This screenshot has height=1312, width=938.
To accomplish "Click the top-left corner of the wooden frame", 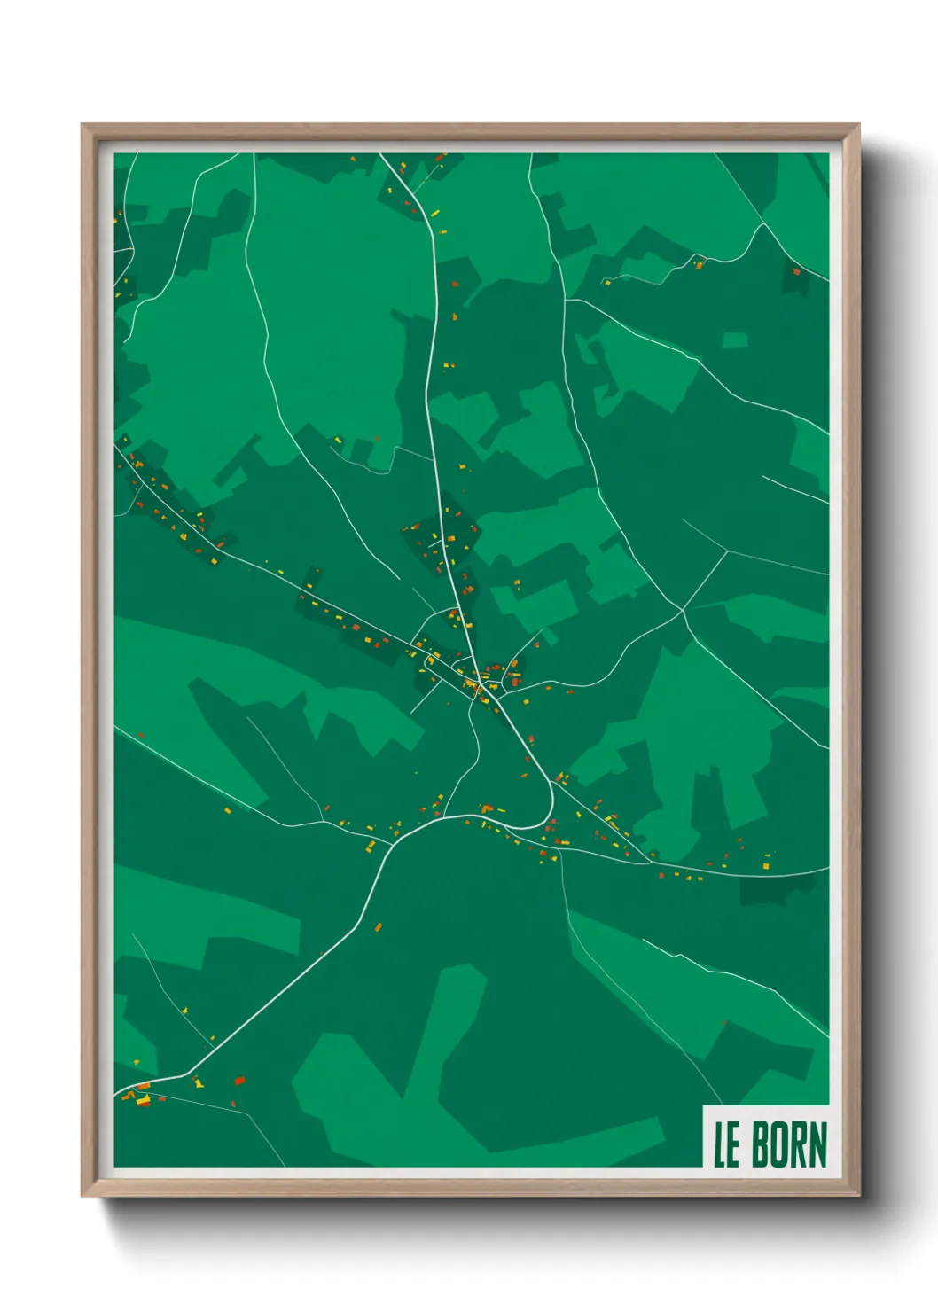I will click(x=82, y=125).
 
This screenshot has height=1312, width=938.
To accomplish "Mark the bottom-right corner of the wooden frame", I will click(x=858, y=1196).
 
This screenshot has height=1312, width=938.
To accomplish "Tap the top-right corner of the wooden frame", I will click(x=858, y=125).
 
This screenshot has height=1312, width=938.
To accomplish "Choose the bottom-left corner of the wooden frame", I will click(x=82, y=1196).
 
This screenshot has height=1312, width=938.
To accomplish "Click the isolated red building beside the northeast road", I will click(x=796, y=272).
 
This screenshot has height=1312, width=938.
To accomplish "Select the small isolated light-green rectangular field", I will click(x=734, y=340).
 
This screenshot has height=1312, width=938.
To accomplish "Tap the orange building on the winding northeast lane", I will click(x=699, y=264).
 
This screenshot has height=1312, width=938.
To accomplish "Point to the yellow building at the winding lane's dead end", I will click(x=607, y=282).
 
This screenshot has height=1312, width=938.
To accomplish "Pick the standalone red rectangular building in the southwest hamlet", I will click(x=238, y=1081).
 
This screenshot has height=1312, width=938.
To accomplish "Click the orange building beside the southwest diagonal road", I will click(x=378, y=927).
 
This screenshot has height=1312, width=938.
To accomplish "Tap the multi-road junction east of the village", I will click(x=683, y=610).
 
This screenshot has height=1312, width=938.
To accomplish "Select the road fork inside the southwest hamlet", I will click(x=191, y=1076).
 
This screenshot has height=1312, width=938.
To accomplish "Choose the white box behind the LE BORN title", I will click(x=766, y=1136).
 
